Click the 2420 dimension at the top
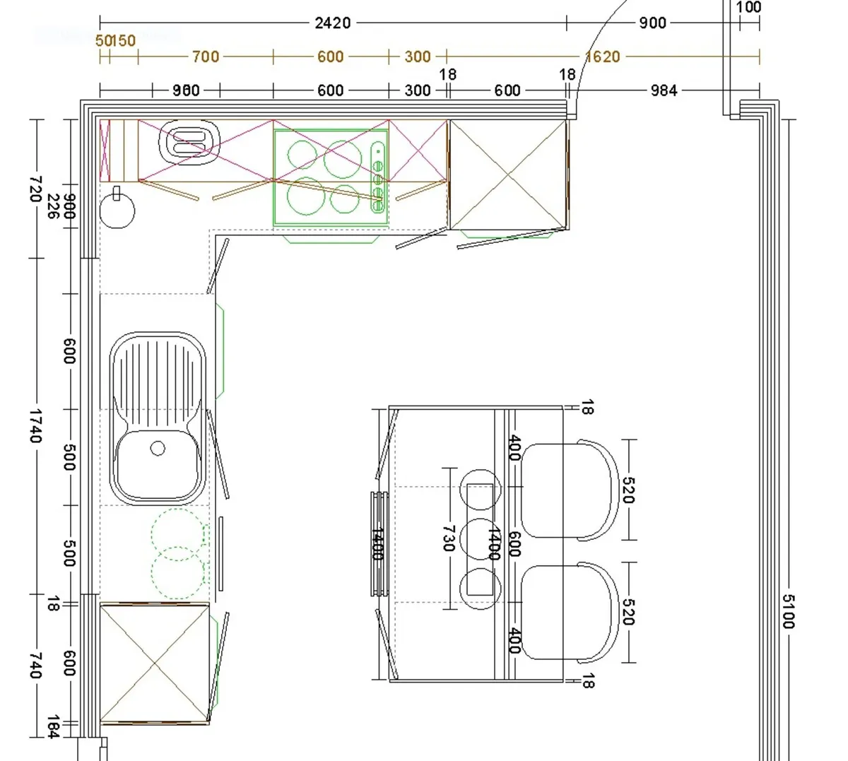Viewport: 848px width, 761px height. point(332,23)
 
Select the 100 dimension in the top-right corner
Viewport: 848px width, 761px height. point(748,8)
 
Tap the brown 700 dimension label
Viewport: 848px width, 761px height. point(206,57)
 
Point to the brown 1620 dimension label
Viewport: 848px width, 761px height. point(602,57)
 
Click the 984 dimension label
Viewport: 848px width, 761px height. point(664,90)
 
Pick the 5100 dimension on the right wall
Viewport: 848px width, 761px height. point(788,611)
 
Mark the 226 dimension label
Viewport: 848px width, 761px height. point(52,206)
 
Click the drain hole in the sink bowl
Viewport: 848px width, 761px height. point(158,448)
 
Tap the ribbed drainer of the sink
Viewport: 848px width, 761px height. point(158,374)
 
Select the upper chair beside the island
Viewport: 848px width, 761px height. point(568,490)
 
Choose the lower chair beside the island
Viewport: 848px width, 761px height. point(568,612)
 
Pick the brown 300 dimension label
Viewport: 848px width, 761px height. point(417,57)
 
